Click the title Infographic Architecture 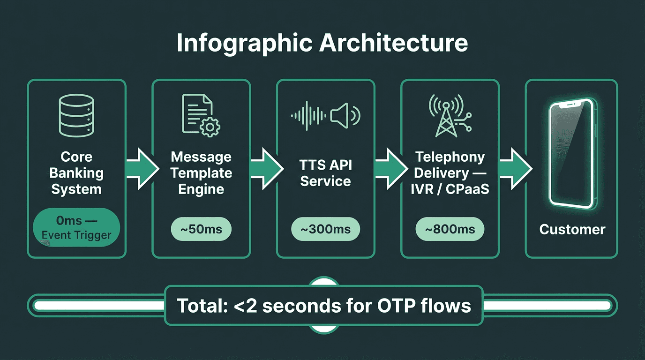322,43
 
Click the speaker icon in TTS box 345,114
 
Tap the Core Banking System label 76,173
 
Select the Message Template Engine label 201,173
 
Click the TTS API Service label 325,173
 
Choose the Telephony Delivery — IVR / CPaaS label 450,173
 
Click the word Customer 572,229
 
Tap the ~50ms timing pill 201,230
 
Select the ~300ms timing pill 325,230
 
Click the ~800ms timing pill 450,230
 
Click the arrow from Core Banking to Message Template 142,168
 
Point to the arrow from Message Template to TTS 266,168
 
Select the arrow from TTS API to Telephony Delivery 390,168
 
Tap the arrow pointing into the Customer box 515,168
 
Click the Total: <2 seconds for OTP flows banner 323,306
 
